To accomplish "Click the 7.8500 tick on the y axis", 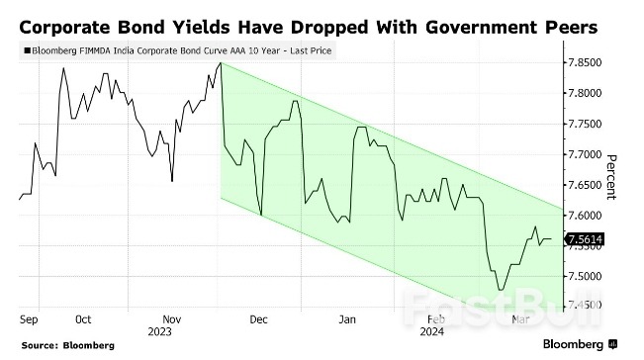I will pyautogui.click(x=584, y=63).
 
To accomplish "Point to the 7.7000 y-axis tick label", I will pyautogui.click(x=584, y=154).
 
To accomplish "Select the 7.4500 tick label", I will pyautogui.click(x=584, y=307).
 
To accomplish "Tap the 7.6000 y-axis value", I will pyautogui.click(x=584, y=216).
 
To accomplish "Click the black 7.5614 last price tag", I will pyautogui.click(x=584, y=238).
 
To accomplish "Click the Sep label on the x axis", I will pyautogui.click(x=29, y=319).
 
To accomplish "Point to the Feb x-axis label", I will pyautogui.click(x=435, y=319).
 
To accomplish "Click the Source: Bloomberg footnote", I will pyautogui.click(x=65, y=345).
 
